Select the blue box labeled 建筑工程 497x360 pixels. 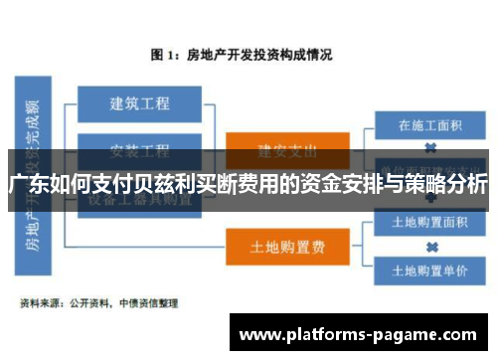(139, 102)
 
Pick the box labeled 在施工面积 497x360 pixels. (428, 126)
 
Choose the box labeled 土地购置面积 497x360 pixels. (428, 221)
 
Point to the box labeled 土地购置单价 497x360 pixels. (428, 269)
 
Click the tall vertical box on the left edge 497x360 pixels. (32, 174)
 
